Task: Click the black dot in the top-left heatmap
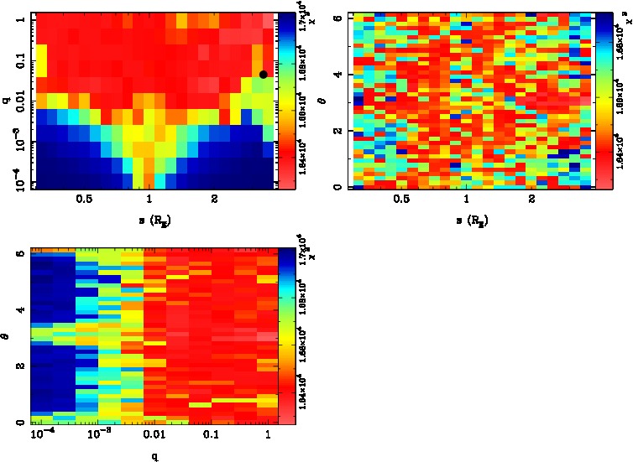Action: (263, 75)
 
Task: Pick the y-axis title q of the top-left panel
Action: (6, 100)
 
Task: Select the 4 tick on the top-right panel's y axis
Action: (335, 75)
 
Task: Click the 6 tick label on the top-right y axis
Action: (335, 18)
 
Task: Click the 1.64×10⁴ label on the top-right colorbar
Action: (620, 141)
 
